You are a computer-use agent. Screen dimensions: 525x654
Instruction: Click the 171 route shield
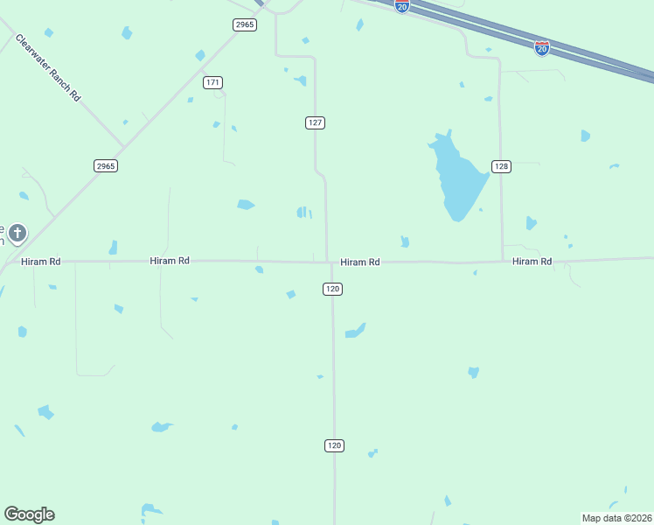(212, 82)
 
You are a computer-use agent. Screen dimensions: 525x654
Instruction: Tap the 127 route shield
(316, 122)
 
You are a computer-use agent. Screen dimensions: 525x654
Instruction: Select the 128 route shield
(501, 166)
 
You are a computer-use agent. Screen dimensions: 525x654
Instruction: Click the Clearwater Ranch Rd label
(47, 68)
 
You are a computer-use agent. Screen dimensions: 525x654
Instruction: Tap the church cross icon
(17, 234)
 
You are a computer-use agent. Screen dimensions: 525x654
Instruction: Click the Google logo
(29, 514)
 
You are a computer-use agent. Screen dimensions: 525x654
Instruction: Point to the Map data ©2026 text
(616, 518)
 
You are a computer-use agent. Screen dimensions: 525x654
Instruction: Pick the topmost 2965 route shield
(245, 24)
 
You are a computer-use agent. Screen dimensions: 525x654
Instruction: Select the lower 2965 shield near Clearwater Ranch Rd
(106, 165)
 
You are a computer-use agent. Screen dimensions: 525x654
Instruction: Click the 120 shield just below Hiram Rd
(332, 289)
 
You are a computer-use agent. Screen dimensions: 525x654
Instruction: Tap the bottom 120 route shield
(334, 445)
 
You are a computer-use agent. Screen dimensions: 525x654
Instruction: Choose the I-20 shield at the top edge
(401, 6)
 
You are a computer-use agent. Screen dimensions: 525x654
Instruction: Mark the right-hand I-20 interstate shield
(542, 48)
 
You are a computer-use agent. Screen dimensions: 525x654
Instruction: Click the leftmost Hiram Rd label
(42, 262)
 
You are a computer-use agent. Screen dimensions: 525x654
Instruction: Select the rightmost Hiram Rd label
(532, 262)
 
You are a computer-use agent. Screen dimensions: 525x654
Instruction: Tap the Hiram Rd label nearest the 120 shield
(359, 262)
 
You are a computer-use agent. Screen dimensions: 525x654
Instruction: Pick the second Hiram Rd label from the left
(170, 261)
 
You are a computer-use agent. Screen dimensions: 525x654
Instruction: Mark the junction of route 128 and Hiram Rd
(503, 261)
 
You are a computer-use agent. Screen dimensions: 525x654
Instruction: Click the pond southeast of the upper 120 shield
(356, 331)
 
